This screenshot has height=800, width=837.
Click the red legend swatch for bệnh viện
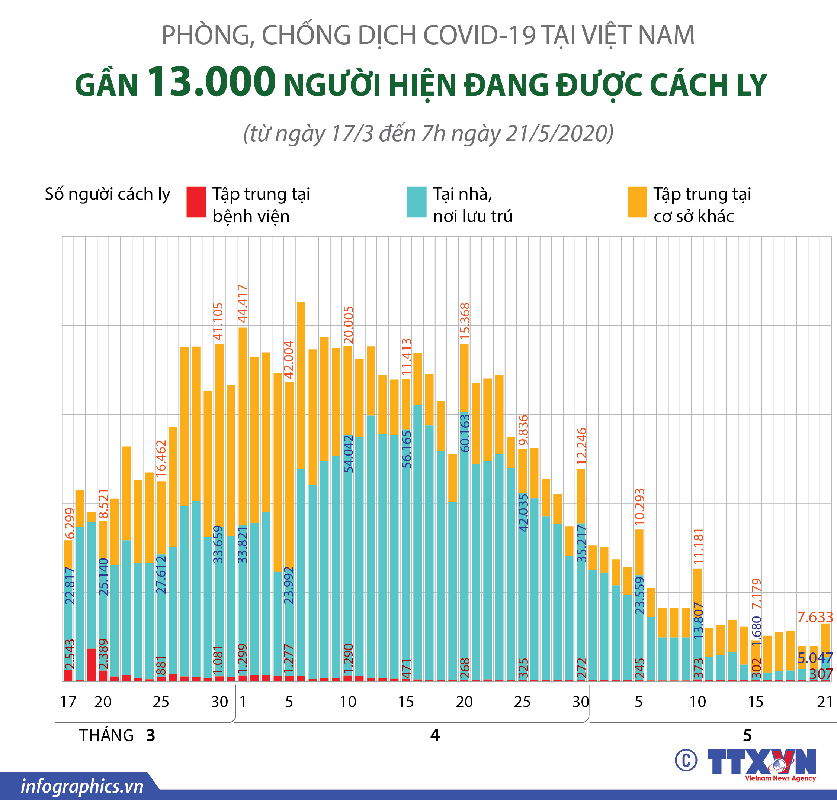196,202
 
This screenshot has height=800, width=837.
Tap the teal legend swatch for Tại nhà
416,202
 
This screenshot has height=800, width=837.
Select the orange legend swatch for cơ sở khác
637,202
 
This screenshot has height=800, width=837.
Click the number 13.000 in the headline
211,82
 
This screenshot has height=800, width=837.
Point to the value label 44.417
243,304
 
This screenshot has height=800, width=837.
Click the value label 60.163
465,433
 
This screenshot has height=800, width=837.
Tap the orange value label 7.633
815,617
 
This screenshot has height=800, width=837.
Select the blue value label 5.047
815,658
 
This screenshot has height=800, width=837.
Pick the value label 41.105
218,321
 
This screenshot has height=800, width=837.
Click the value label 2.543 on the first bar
69,654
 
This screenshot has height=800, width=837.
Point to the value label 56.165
407,449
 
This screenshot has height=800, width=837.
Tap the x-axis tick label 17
68,702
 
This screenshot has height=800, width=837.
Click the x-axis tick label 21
825,702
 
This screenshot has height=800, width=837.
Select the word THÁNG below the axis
106,736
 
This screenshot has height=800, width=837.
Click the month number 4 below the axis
434,736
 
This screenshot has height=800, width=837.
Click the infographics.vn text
82,786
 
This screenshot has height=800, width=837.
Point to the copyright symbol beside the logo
686,760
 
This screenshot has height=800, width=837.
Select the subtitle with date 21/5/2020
428,133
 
